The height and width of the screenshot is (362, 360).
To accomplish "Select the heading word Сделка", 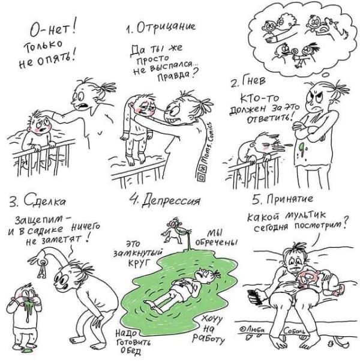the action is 44,201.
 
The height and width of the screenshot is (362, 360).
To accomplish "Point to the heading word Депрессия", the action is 170,201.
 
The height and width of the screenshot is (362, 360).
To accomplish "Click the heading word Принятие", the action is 290,199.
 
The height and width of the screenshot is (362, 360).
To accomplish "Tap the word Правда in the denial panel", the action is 175,75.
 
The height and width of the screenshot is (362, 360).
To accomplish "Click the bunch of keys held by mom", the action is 41,268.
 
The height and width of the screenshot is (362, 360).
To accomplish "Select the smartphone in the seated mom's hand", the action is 255,297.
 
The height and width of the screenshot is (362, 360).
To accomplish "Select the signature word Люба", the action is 253,331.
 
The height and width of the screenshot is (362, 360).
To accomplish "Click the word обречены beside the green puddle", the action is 217,243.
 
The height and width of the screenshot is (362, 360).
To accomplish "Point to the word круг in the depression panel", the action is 139,263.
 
